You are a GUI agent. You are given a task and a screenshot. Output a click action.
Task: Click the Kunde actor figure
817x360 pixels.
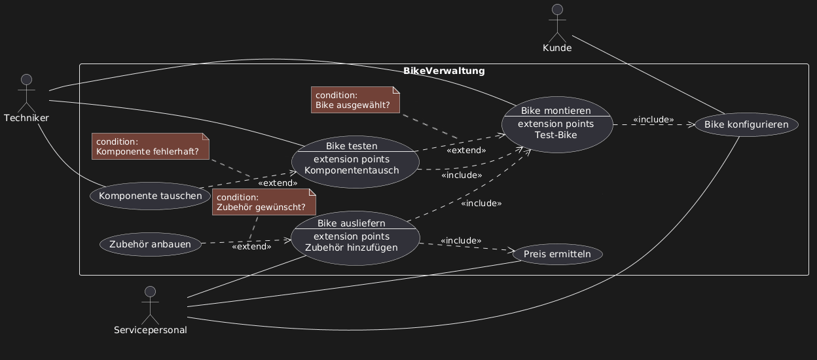557,24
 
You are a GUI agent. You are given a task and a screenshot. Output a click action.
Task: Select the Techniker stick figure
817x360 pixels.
27,94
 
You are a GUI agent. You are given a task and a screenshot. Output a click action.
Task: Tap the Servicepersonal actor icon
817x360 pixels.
151,306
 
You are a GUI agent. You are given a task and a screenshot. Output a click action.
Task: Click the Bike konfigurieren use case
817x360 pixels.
746,124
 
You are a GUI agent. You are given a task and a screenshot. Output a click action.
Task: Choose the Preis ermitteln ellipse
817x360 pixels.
557,254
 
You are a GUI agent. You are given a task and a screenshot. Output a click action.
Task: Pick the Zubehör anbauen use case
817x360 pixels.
151,244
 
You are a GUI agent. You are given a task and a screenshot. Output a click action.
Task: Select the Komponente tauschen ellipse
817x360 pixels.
151,196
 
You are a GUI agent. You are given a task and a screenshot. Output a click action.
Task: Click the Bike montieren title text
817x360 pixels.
556,111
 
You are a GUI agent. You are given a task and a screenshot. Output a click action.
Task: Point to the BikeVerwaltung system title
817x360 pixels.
444,71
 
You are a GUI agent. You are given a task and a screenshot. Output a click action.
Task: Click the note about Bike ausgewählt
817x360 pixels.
355,100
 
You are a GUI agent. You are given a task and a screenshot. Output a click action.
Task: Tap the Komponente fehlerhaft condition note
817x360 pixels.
151,146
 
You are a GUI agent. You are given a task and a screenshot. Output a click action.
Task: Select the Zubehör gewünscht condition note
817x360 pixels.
264,202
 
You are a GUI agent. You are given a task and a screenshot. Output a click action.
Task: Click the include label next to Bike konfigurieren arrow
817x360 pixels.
653,120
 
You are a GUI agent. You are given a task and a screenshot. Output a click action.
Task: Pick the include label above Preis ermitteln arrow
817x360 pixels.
461,241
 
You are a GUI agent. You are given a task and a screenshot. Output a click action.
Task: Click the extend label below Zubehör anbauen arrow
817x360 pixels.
251,247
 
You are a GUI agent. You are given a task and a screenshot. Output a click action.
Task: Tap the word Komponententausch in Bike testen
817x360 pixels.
352,170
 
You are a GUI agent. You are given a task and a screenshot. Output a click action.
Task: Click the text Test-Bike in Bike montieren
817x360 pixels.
556,135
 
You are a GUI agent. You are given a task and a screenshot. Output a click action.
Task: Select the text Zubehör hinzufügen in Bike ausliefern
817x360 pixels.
352,247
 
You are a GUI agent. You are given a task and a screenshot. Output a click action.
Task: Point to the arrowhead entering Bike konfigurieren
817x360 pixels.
691,125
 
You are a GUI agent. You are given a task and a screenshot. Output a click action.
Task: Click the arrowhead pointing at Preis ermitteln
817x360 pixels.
511,251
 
